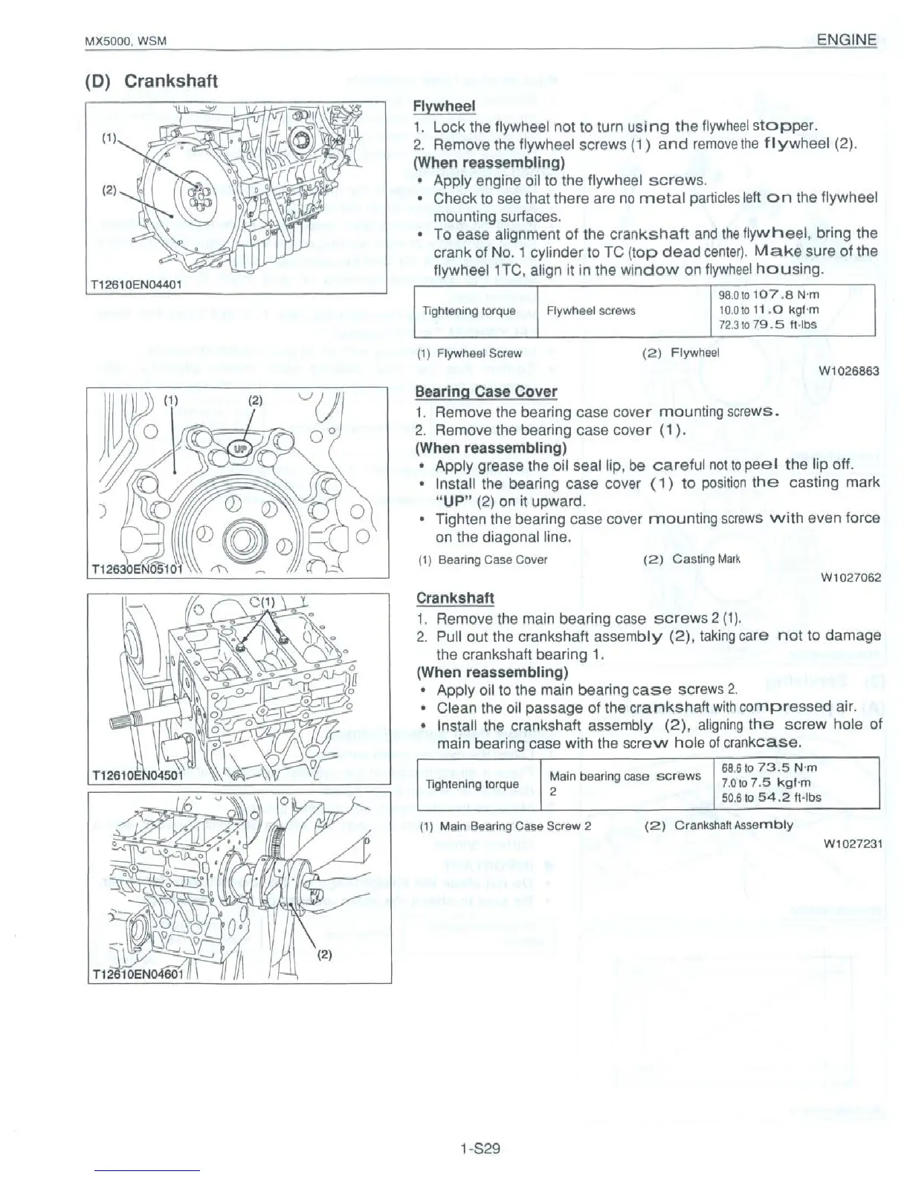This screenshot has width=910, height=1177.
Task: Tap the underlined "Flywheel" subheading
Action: [444, 107]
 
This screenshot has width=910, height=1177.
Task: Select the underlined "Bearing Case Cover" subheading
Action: [485, 392]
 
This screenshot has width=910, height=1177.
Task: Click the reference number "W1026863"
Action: [849, 371]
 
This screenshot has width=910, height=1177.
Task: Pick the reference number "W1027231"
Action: [852, 843]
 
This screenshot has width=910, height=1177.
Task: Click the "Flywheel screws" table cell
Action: [590, 311]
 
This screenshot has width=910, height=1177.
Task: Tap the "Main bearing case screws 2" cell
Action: [625, 783]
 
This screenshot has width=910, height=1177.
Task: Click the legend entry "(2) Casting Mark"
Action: [685, 559]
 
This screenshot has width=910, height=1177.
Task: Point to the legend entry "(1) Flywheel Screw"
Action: [469, 353]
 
